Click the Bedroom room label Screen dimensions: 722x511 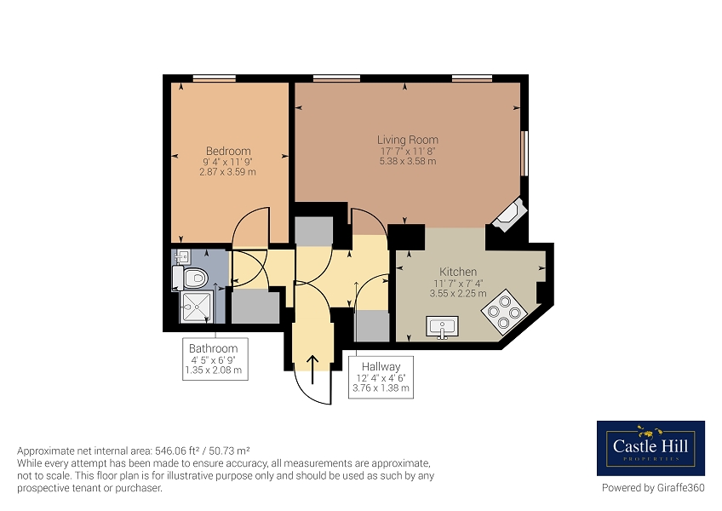[228, 151]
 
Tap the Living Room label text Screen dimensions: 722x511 [408, 140]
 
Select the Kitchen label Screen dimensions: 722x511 [458, 272]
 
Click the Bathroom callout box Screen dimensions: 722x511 [215, 359]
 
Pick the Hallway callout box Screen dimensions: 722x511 [381, 377]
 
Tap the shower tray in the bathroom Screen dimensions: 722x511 [196, 307]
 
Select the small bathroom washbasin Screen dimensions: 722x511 [183, 256]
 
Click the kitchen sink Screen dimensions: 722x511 [442, 327]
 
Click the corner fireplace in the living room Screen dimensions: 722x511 [509, 215]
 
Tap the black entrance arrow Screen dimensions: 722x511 [312, 370]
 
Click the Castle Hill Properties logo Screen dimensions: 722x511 [650, 448]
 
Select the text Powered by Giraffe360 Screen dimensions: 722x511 [653, 487]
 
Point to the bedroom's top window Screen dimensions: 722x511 [214, 78]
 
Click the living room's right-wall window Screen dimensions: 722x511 [524, 153]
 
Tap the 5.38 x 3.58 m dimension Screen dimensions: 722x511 [408, 161]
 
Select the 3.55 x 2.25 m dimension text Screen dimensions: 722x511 [458, 294]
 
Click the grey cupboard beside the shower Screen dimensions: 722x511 [255, 306]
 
